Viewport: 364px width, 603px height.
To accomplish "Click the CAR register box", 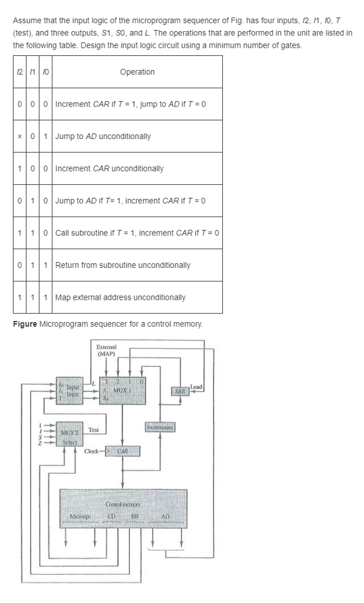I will click(122, 452).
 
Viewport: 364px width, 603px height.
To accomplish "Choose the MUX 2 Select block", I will click(70, 438).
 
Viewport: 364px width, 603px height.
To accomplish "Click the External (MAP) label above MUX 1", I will click(106, 350).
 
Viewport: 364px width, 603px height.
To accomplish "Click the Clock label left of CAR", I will click(92, 452).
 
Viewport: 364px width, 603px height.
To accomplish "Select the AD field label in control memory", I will click(165, 517).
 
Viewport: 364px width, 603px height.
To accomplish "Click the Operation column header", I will click(137, 72).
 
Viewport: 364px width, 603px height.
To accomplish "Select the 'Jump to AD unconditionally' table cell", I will click(103, 136).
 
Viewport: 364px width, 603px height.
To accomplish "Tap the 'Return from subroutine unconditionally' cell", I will click(122, 265).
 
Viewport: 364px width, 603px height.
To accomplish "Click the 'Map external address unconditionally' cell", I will click(120, 297).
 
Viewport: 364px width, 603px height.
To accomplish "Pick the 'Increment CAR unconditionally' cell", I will click(109, 168).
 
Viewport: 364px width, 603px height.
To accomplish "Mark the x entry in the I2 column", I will click(21, 137).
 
